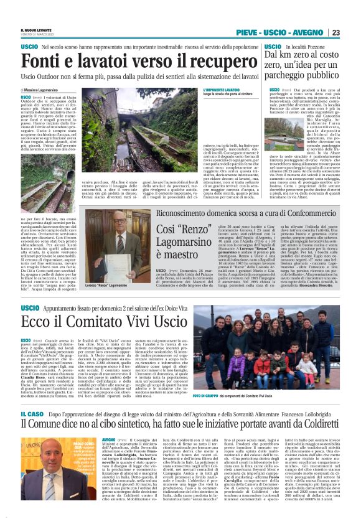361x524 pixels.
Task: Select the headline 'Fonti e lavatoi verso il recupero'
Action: coord(121,61)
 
